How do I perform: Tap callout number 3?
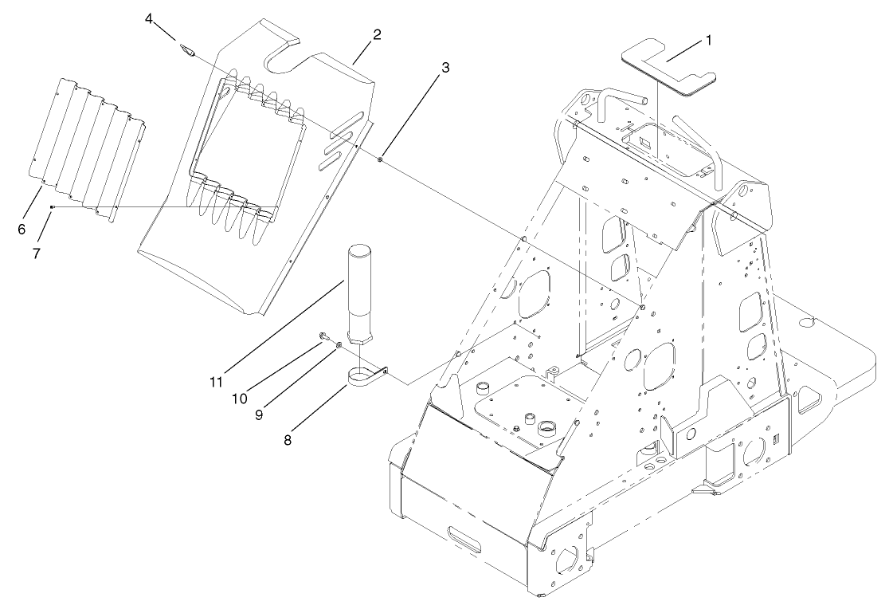445,68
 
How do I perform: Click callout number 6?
22,229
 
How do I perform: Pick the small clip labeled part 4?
189,52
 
